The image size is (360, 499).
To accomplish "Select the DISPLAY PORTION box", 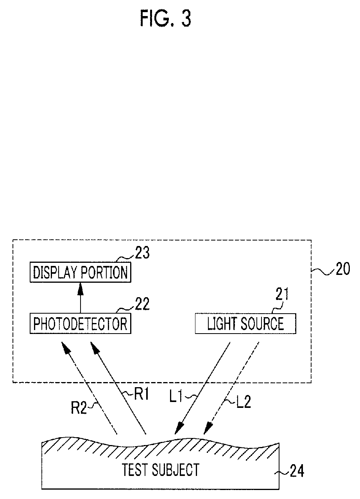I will [x=80, y=273].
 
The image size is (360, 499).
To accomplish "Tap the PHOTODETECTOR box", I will [x=80, y=323].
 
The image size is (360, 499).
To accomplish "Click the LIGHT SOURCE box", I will [x=245, y=323].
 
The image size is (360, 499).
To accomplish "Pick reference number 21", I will [x=279, y=296].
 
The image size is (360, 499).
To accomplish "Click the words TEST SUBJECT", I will [x=160, y=469].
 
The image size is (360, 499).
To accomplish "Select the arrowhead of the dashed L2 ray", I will [x=206, y=430].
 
